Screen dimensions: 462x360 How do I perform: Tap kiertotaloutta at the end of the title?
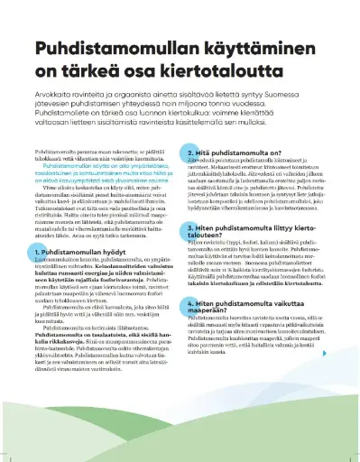pos(256,71)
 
